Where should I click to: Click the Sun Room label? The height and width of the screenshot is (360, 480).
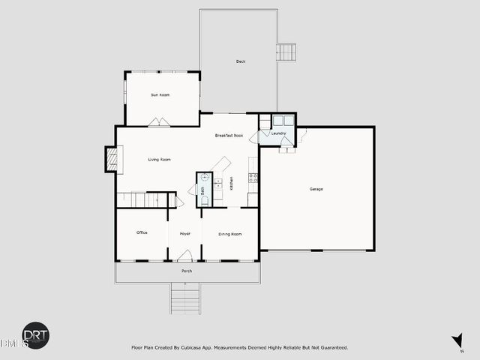point(160,95)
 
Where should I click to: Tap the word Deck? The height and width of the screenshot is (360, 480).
point(241,61)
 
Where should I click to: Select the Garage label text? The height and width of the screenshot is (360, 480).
point(316,189)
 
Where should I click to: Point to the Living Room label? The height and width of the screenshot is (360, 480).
point(159,160)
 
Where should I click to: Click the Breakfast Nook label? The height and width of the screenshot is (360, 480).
point(229,136)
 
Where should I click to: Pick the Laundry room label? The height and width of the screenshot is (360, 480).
point(280,134)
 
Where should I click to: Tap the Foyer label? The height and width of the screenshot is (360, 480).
point(184,234)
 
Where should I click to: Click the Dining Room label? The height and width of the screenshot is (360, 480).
point(229,234)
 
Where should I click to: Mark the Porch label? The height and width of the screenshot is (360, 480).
point(187,271)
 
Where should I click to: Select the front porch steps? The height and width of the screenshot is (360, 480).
point(186,298)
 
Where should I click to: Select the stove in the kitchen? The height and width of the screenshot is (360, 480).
point(253,178)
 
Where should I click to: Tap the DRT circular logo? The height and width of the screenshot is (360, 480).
point(35,335)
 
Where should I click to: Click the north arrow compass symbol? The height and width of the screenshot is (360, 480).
point(457,343)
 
